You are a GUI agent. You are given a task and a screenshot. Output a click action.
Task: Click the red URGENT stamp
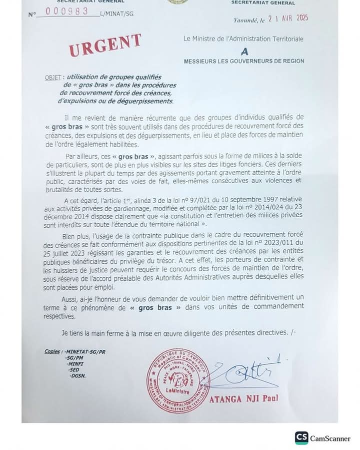105,45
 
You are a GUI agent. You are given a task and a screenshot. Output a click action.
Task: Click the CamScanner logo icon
301,438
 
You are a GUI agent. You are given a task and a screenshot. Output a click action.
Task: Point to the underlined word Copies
51,352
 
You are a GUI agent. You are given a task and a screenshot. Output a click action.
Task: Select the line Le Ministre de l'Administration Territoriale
243,39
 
